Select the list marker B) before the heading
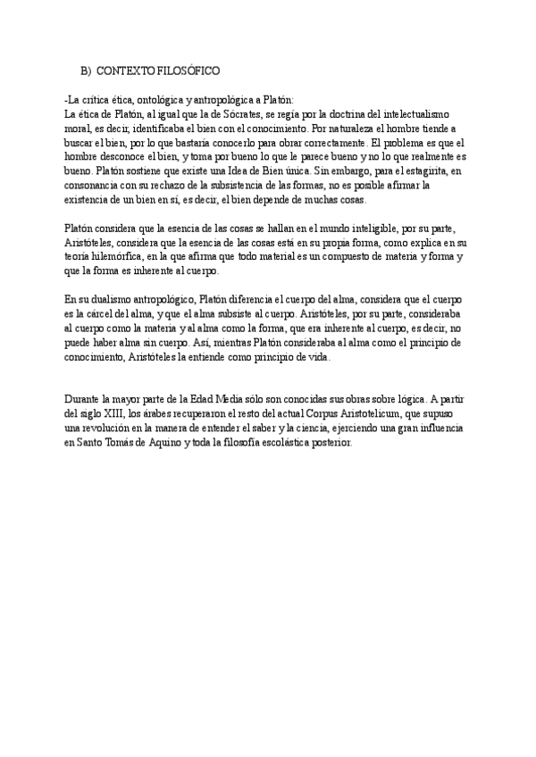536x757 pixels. coord(86,70)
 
